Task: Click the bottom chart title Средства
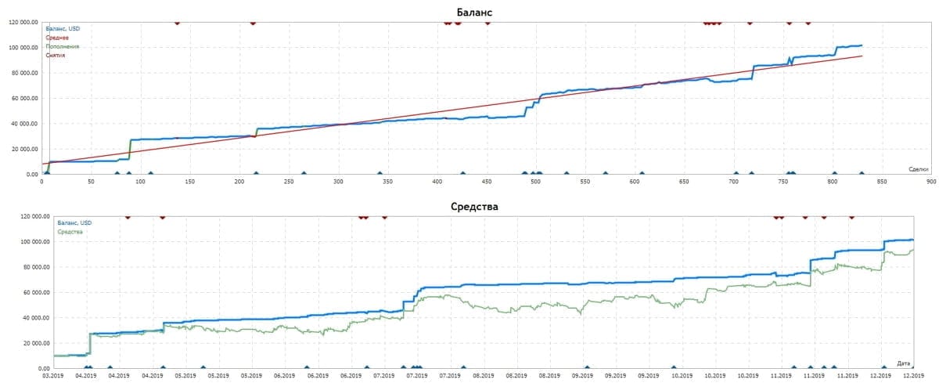point(474,207)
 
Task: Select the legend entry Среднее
point(58,38)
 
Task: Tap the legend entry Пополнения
point(63,46)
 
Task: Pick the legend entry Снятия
point(56,55)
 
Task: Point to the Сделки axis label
point(919,169)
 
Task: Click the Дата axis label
point(904,363)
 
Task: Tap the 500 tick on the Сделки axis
point(536,181)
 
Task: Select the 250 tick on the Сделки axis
point(289,181)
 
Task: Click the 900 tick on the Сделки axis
point(931,181)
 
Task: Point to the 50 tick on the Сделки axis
point(91,181)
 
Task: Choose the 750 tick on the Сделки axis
point(783,181)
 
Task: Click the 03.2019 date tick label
point(53,375)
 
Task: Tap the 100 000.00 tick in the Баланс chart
point(23,47)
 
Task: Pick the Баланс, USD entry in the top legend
point(63,29)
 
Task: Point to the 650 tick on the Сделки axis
point(684,181)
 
